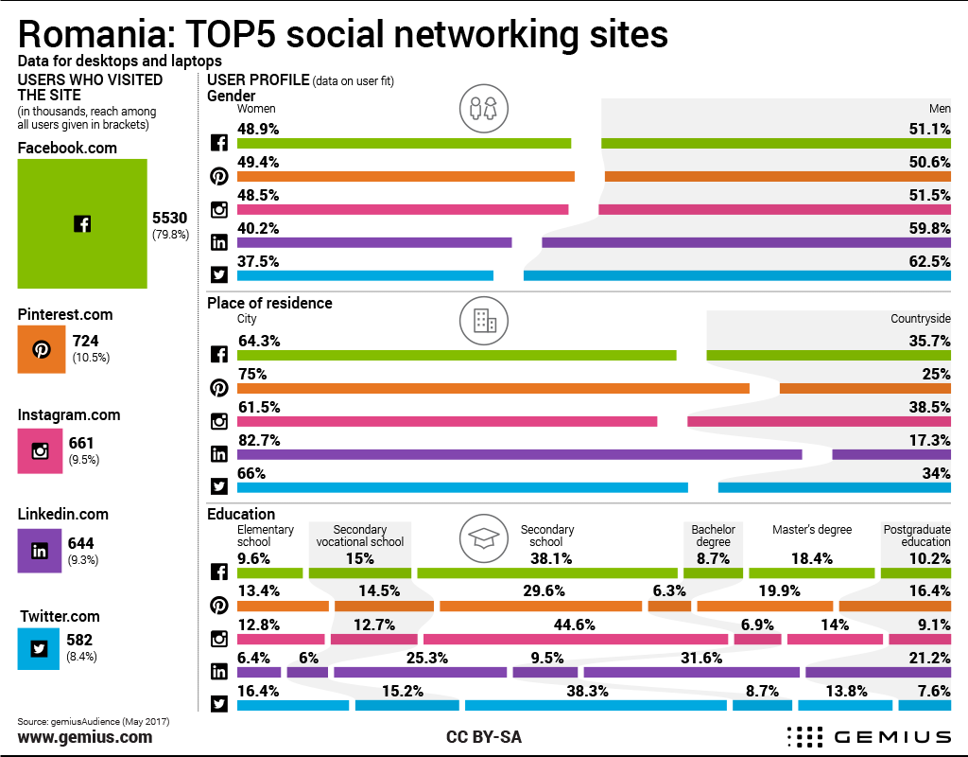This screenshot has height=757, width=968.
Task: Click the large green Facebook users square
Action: click(x=82, y=223)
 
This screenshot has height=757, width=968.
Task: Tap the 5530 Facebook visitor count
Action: click(x=170, y=218)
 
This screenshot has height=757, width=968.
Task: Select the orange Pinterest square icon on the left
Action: click(x=42, y=349)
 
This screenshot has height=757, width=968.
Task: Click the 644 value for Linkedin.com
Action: click(x=82, y=543)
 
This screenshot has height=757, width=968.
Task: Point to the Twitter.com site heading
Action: click(x=60, y=616)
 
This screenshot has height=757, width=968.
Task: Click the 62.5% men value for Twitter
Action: click(x=929, y=261)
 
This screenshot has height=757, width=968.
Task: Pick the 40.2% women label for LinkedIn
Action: click(x=257, y=228)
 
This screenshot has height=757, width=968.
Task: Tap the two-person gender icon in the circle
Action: click(x=477, y=109)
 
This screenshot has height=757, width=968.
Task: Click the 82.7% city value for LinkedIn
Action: click(x=257, y=440)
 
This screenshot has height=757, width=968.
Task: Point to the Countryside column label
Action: click(x=920, y=319)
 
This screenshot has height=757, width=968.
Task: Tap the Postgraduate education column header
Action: click(x=916, y=536)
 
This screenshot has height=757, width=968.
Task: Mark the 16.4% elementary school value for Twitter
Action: click(x=257, y=691)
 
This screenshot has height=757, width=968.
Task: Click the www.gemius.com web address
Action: click(x=84, y=736)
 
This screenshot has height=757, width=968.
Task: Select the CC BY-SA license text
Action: click(x=483, y=736)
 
